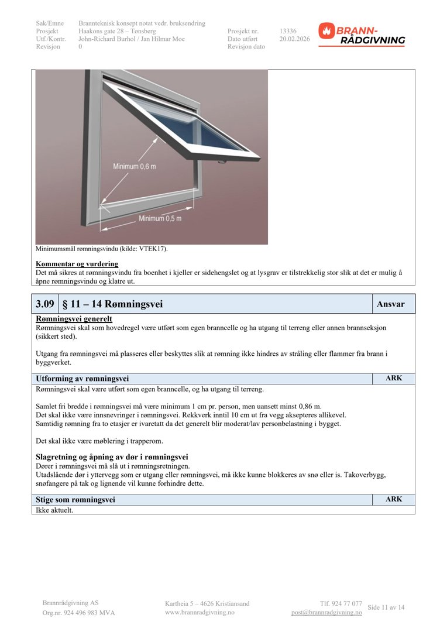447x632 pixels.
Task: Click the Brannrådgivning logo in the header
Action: pos(362,35)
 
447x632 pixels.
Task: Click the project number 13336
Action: pos(288,31)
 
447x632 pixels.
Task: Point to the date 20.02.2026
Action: pos(294,39)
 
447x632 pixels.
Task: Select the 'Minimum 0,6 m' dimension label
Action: pos(135,167)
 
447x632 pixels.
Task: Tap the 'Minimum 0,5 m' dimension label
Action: pos(160,218)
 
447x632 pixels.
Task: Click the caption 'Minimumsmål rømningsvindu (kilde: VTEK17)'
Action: pos(102,249)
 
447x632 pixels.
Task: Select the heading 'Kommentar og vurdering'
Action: pos(77,264)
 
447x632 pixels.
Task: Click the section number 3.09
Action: pos(45,304)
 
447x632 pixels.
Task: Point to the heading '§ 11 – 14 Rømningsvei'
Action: pos(112,304)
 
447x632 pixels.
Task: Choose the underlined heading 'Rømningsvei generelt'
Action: pos(74,319)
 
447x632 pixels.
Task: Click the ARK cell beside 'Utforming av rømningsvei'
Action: pos(394,379)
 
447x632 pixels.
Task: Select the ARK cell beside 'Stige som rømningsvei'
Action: pos(394,500)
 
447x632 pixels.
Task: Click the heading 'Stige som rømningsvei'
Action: pos(75,500)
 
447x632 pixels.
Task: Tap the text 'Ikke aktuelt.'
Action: pos(54,510)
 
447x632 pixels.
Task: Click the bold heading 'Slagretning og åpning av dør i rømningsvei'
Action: pos(112,457)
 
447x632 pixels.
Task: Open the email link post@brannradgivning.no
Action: pos(326,612)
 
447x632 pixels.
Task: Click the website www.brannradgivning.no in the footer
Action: pos(200,612)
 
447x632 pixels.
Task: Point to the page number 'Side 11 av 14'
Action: pos(386,607)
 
